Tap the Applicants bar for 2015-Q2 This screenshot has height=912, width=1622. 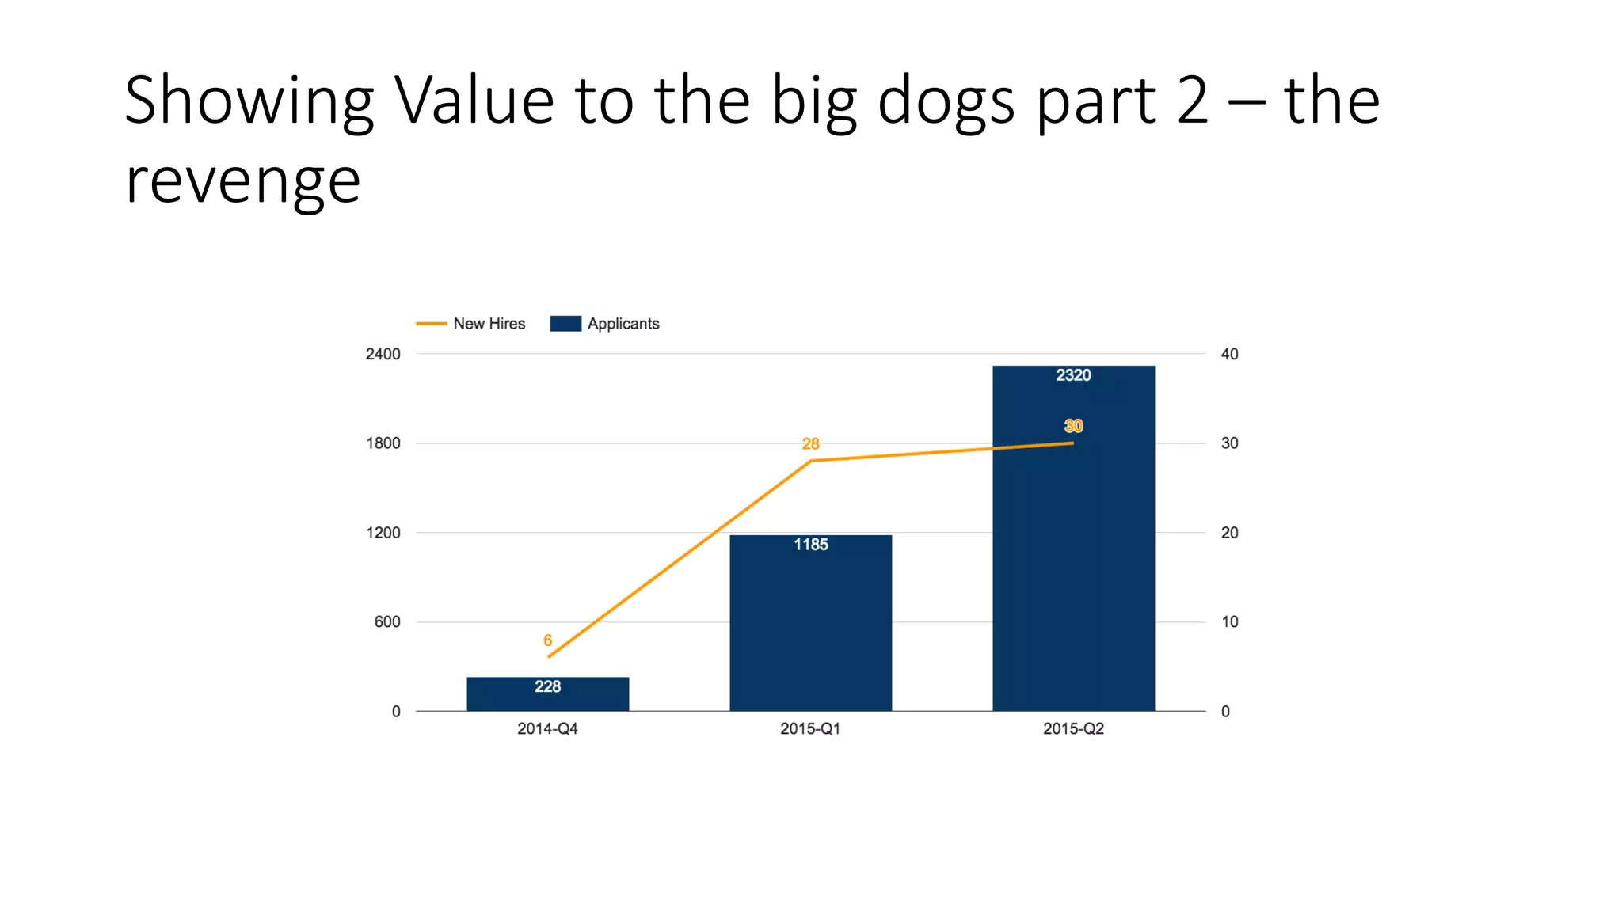click(1073, 554)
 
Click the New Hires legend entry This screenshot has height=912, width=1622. click(472, 324)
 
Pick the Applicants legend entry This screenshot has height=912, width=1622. click(606, 324)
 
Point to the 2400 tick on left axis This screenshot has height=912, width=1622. click(383, 354)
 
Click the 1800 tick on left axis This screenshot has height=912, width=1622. click(383, 443)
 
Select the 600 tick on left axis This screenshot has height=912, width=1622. click(387, 622)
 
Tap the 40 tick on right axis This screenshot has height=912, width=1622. click(1229, 354)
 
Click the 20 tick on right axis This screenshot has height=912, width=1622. click(1229, 533)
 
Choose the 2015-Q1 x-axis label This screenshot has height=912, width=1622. click(810, 729)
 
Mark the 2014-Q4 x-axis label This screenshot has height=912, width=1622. click(547, 729)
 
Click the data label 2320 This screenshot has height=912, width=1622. click(1073, 375)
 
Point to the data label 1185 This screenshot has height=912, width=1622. click(810, 545)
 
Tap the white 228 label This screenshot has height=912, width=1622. click(547, 686)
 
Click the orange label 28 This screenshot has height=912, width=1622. click(810, 444)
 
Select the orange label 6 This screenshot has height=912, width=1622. click(547, 640)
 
